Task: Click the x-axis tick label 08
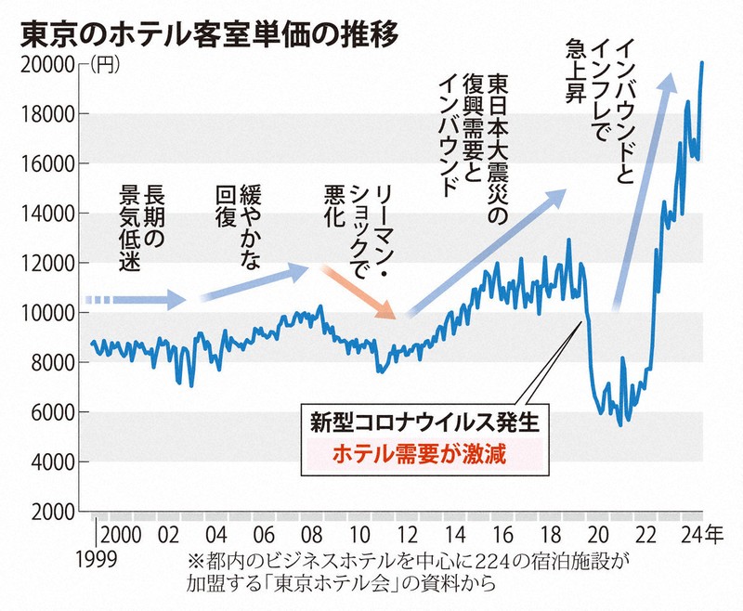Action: (312, 537)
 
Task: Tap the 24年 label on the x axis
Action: (697, 537)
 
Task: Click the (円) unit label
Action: (106, 64)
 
